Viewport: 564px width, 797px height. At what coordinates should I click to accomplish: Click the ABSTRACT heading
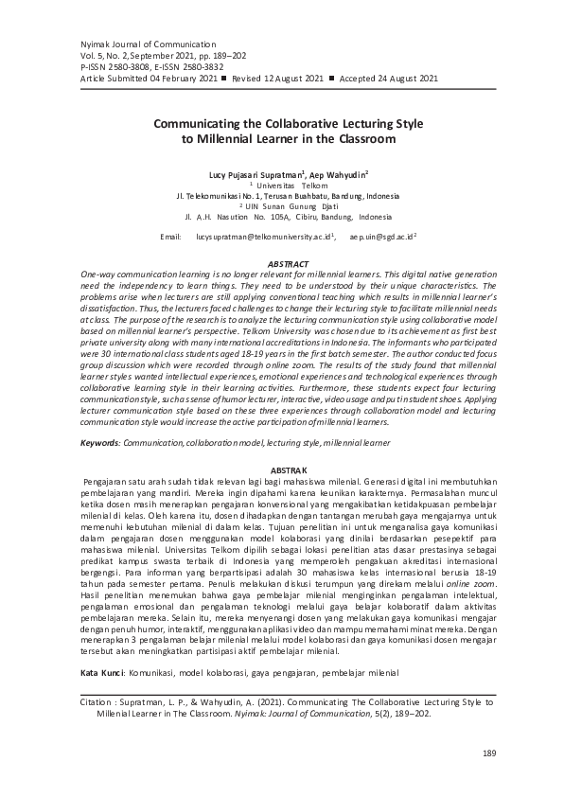click(289, 262)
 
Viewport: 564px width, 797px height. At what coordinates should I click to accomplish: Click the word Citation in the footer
click(97, 703)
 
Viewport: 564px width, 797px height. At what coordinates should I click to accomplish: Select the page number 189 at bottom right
click(489, 753)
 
